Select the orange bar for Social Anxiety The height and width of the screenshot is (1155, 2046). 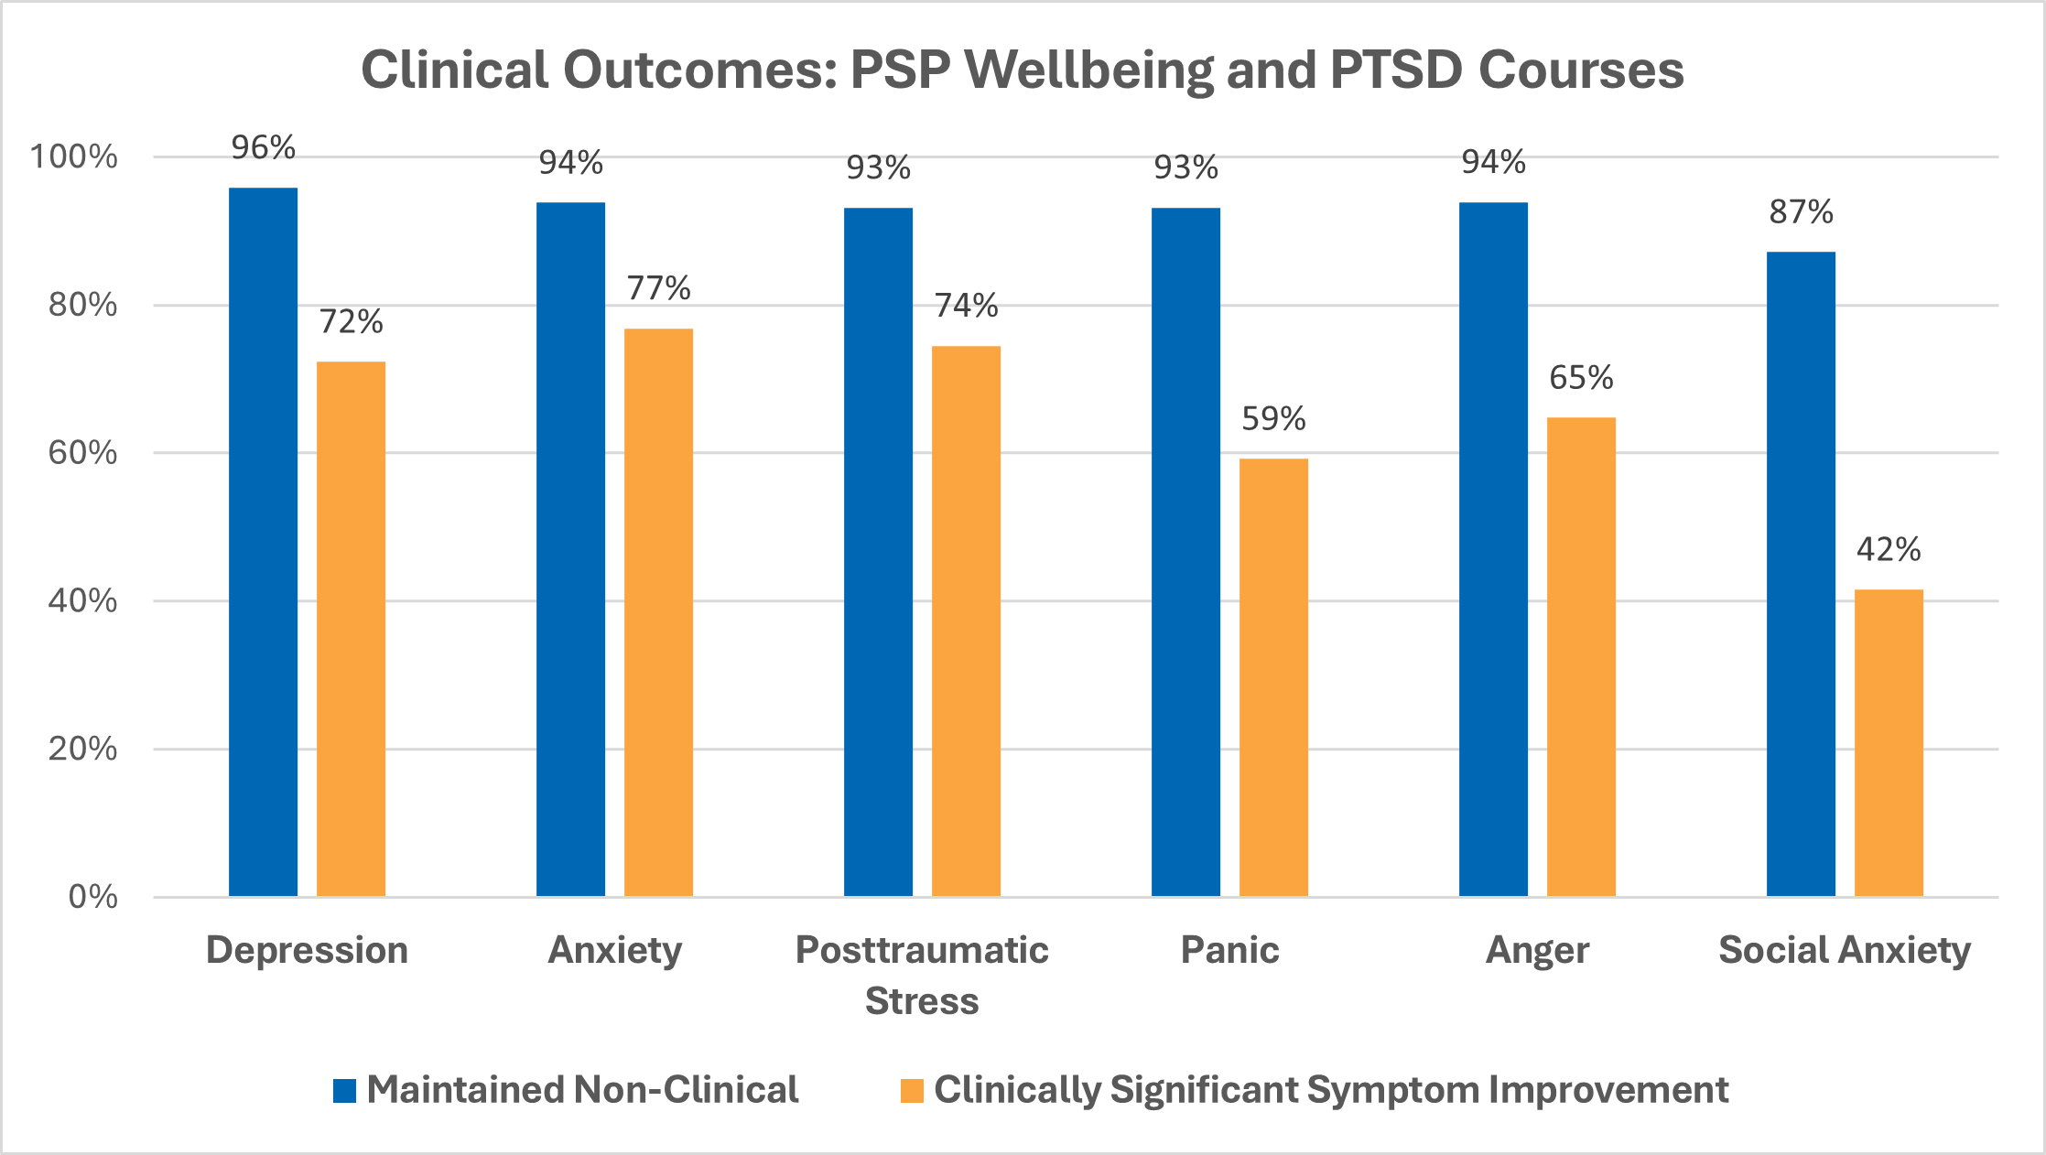[1889, 742]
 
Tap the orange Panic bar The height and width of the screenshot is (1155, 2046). [1273, 677]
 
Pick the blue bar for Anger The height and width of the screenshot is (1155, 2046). [1493, 549]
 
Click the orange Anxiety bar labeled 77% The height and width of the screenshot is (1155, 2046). [658, 612]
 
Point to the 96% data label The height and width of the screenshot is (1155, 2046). [263, 147]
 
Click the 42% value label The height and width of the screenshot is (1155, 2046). [1889, 549]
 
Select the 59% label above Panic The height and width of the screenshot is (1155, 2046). [1273, 418]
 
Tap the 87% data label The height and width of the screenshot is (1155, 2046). [1801, 212]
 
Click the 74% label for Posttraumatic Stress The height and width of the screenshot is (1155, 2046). [966, 305]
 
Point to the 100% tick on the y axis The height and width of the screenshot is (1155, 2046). [74, 157]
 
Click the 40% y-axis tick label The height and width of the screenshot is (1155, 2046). [82, 601]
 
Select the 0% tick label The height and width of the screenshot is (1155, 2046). [92, 897]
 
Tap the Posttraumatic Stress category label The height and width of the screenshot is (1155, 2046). [922, 975]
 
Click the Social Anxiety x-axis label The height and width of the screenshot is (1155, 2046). [1845, 950]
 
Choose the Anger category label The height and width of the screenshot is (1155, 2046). [1537, 950]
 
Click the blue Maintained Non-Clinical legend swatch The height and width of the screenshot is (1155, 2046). [344, 1091]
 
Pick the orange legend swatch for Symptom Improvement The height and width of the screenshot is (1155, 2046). [912, 1091]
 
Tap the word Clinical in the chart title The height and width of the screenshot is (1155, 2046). [454, 70]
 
